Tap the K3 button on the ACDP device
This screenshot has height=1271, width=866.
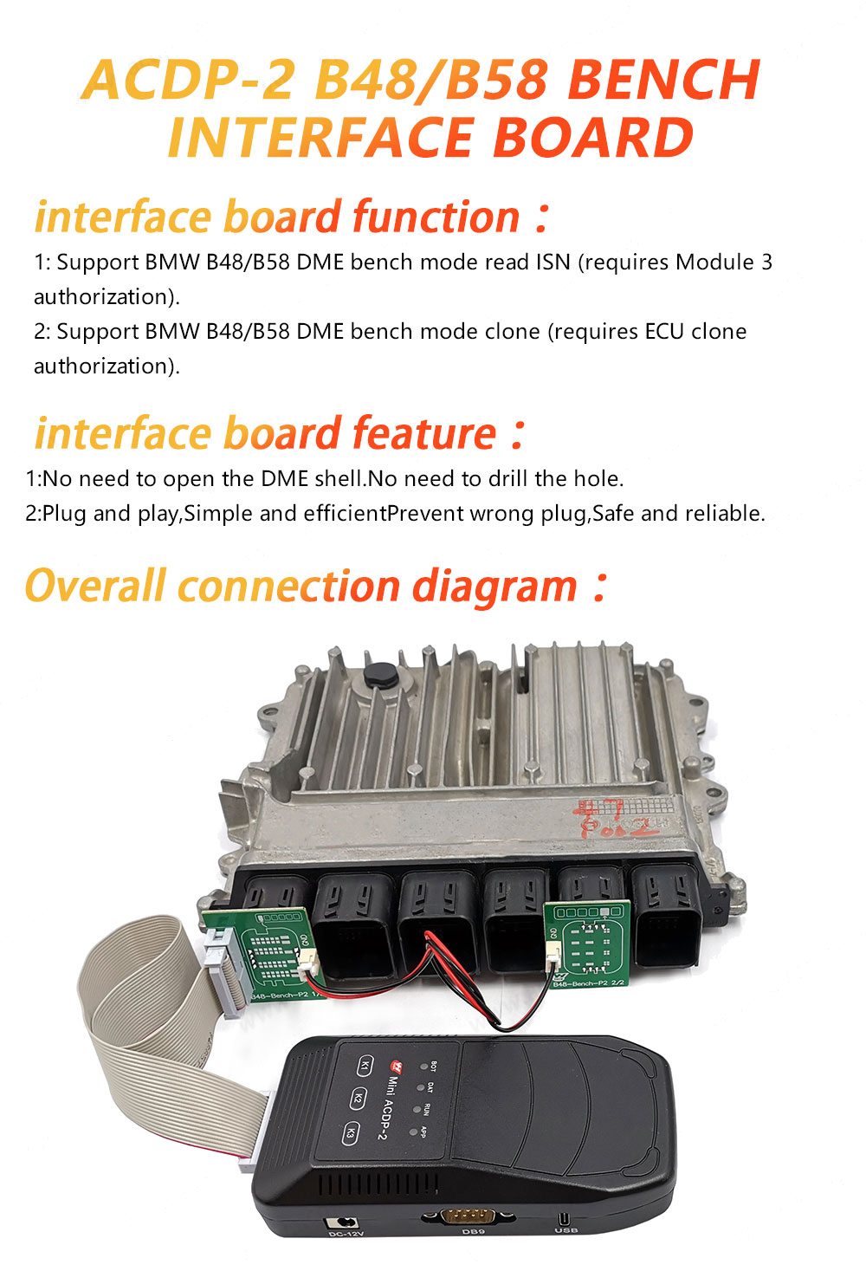tap(350, 1132)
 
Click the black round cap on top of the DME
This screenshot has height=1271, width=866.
tap(379, 675)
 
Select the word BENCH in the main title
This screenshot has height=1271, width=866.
tap(663, 80)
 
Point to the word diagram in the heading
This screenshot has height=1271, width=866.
tap(494, 587)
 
